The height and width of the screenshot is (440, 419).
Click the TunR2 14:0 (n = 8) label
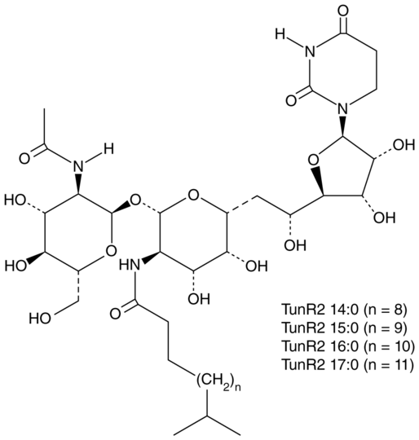[344, 310]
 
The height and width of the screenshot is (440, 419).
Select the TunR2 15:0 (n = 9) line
[344, 328]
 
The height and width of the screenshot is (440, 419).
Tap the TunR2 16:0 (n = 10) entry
[348, 346]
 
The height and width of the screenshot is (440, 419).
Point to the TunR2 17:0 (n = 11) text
[347, 364]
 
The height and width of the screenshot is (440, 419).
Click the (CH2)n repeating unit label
[217, 381]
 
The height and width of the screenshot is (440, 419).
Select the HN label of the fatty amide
[130, 265]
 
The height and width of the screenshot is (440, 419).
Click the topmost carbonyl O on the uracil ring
[343, 11]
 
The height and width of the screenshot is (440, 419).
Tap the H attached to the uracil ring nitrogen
[280, 34]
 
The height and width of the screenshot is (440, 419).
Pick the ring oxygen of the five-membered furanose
[313, 161]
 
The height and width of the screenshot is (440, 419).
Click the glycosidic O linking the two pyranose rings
[136, 200]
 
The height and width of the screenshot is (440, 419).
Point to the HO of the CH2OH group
[41, 319]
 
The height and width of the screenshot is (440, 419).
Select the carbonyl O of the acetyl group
[24, 158]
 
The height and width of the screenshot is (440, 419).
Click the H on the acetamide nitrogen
[108, 148]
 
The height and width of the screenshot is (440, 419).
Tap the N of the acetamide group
[78, 167]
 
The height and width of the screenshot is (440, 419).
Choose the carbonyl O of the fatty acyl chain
[117, 314]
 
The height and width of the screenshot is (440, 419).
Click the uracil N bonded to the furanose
[342, 108]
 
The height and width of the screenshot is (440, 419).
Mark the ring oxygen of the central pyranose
[194, 195]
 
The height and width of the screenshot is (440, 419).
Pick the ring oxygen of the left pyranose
[112, 251]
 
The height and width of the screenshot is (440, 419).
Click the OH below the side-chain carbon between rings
[294, 245]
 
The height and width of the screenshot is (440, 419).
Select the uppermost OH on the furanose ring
[404, 145]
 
